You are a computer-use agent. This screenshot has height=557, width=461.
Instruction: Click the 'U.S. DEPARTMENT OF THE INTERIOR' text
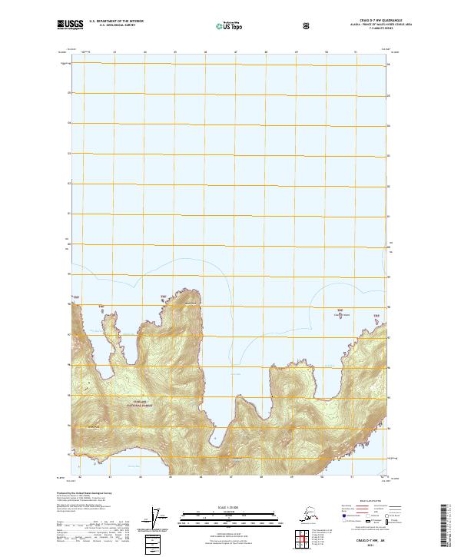pyautogui.click(x=116, y=22)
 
